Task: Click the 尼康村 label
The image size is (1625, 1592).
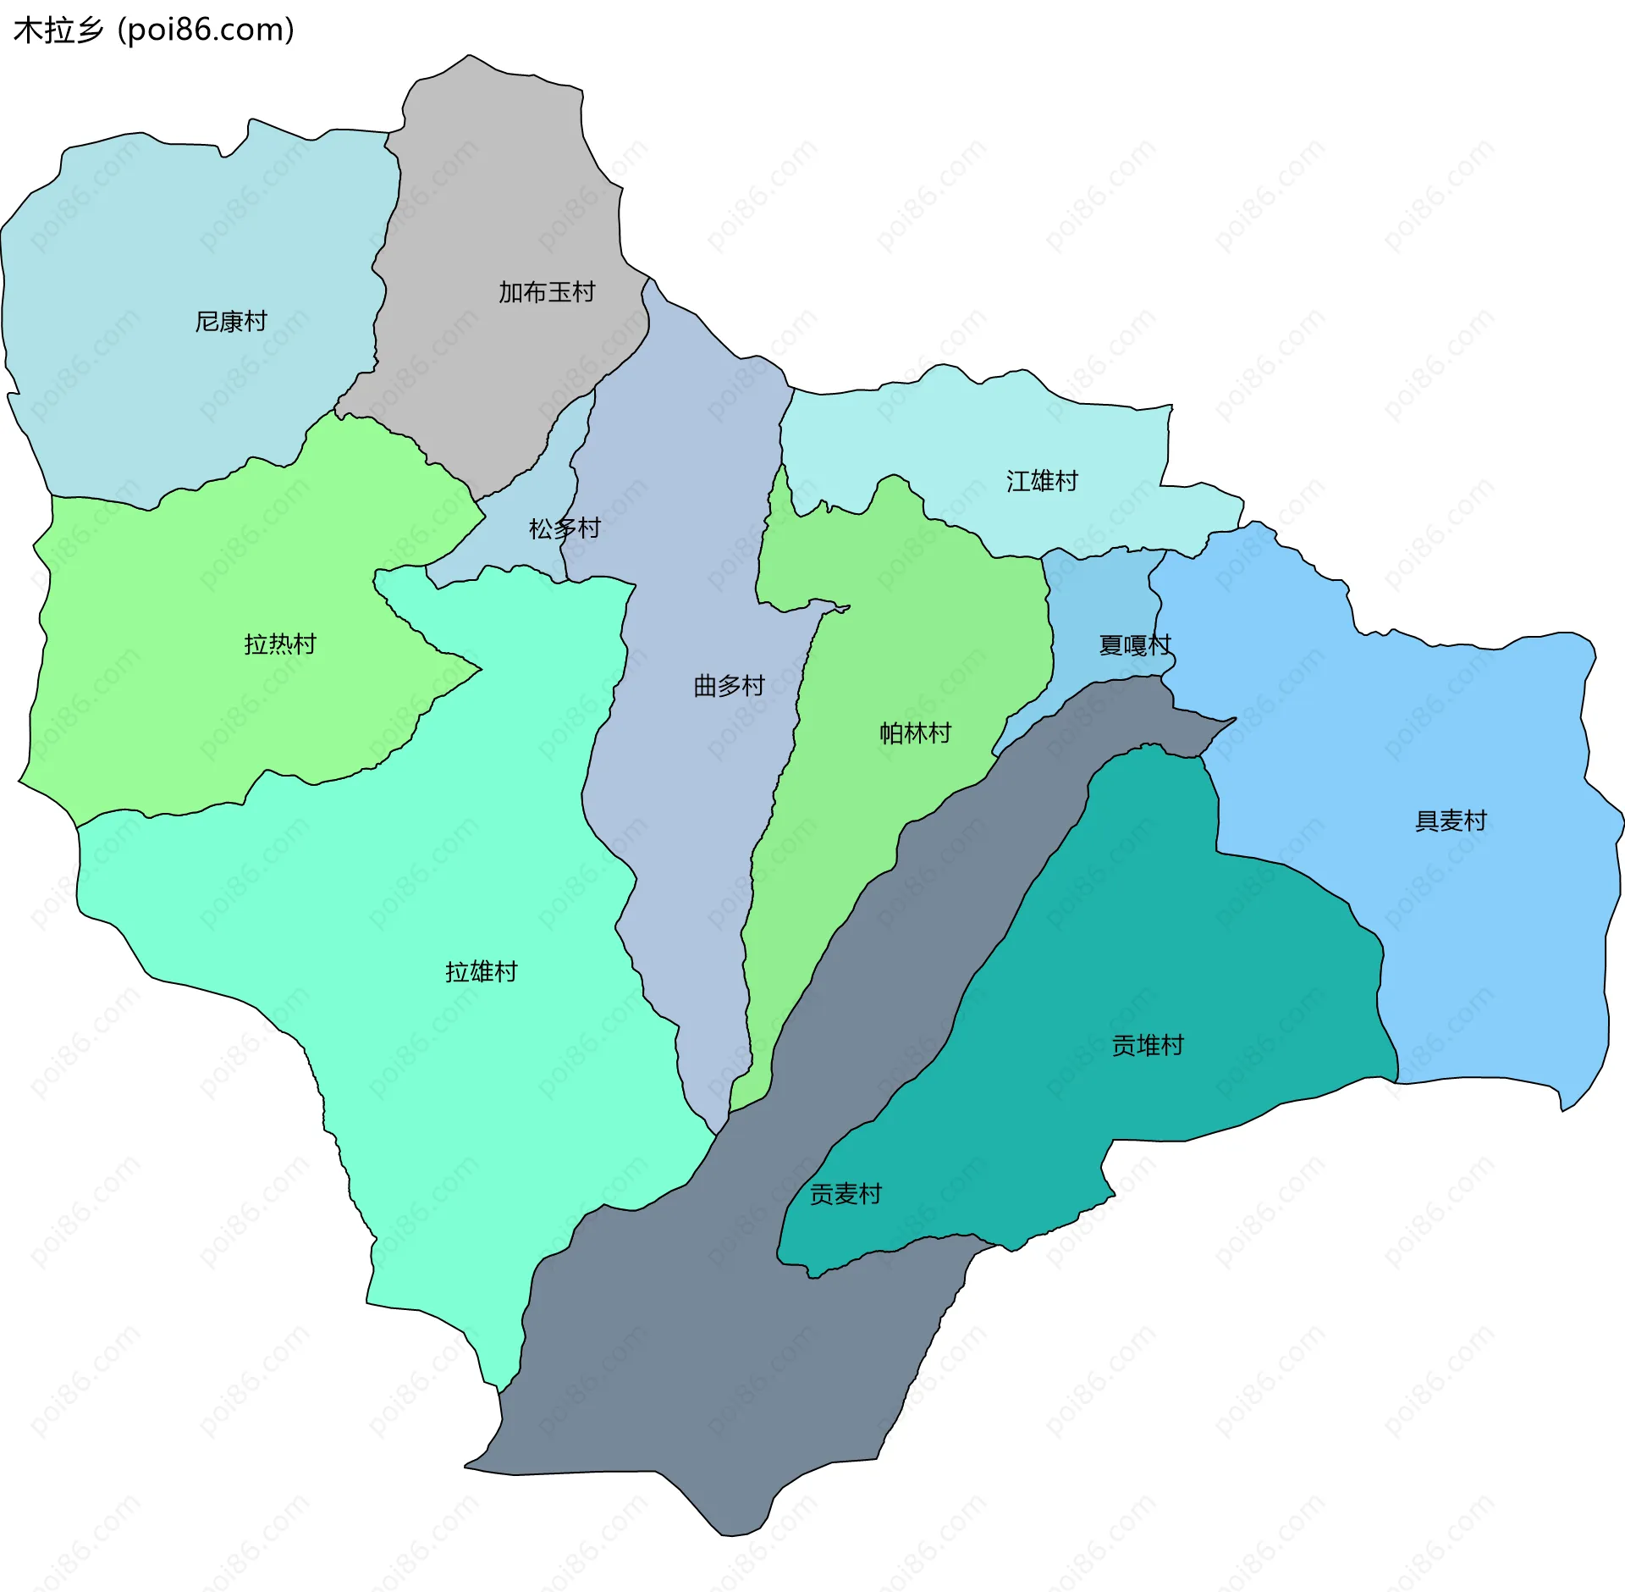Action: click(231, 322)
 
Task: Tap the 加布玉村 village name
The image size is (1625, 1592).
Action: click(547, 293)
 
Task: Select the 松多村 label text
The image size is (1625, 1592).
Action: click(565, 529)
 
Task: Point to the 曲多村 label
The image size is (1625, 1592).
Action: click(729, 686)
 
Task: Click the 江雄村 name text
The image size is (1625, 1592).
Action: click(1042, 482)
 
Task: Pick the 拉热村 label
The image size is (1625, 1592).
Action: click(280, 644)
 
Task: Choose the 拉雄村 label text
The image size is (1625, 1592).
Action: click(481, 972)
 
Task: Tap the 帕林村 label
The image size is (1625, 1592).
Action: click(915, 733)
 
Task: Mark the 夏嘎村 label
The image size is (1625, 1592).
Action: click(1134, 646)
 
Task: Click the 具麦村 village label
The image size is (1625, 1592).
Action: click(1451, 821)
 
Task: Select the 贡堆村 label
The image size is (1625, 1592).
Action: click(1147, 1046)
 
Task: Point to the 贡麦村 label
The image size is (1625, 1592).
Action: click(846, 1195)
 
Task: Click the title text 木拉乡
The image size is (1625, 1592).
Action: click(58, 30)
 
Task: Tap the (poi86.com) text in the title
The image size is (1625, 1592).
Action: click(206, 30)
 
